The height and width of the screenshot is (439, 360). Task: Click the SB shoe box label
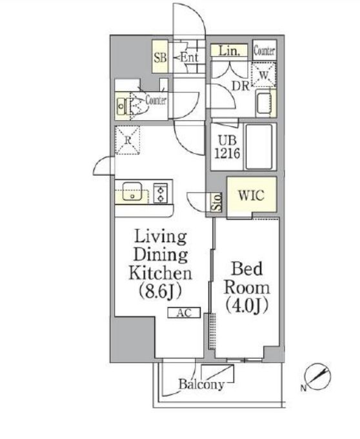[x=160, y=57]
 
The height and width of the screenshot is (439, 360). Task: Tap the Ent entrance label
[x=189, y=57]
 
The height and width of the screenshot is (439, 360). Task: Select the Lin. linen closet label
[x=230, y=51]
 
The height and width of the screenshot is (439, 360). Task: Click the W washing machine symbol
[x=264, y=75]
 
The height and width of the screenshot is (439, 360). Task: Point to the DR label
[x=240, y=86]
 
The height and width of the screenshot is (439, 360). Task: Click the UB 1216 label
[x=227, y=147]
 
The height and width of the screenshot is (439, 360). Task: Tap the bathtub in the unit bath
[x=259, y=147]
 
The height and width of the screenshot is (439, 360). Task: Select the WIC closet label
[x=251, y=195]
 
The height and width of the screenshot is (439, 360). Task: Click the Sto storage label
[x=217, y=202]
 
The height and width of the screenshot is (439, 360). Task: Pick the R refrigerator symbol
[x=128, y=140]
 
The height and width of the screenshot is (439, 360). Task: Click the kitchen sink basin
[x=132, y=191]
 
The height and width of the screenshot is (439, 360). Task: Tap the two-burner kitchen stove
[x=161, y=192]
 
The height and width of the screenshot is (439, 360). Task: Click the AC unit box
[x=184, y=312]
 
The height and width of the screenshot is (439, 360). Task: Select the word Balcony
[x=201, y=384]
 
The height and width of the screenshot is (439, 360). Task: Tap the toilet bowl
[x=137, y=107]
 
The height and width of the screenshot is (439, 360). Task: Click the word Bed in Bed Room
[x=247, y=269]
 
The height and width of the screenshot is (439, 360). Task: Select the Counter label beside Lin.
[x=265, y=50]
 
